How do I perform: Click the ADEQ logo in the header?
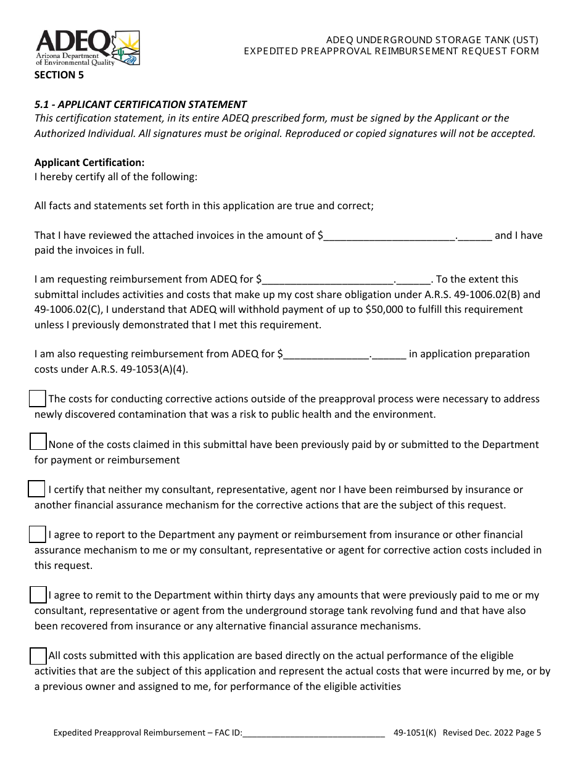(87, 48)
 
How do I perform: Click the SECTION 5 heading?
(59, 76)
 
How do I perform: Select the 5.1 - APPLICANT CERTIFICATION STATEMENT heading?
(141, 104)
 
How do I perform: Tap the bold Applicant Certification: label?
(89, 162)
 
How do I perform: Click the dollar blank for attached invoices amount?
(389, 236)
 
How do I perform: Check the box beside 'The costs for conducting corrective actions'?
(38, 399)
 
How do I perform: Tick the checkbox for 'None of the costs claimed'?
(38, 442)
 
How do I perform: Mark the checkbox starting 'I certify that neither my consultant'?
(36, 489)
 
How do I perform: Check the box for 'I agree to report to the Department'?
(38, 534)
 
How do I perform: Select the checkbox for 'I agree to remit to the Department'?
(38, 595)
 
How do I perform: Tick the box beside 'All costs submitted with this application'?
(38, 655)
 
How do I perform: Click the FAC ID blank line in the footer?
(314, 734)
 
